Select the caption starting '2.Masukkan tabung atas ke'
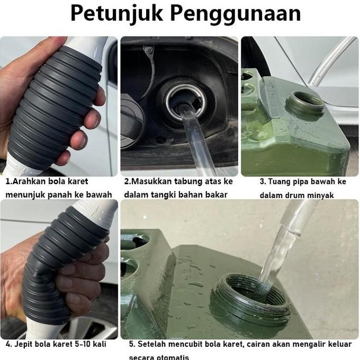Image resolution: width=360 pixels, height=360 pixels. click(x=178, y=181)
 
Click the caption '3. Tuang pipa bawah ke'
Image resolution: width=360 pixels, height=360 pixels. click(x=303, y=181)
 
